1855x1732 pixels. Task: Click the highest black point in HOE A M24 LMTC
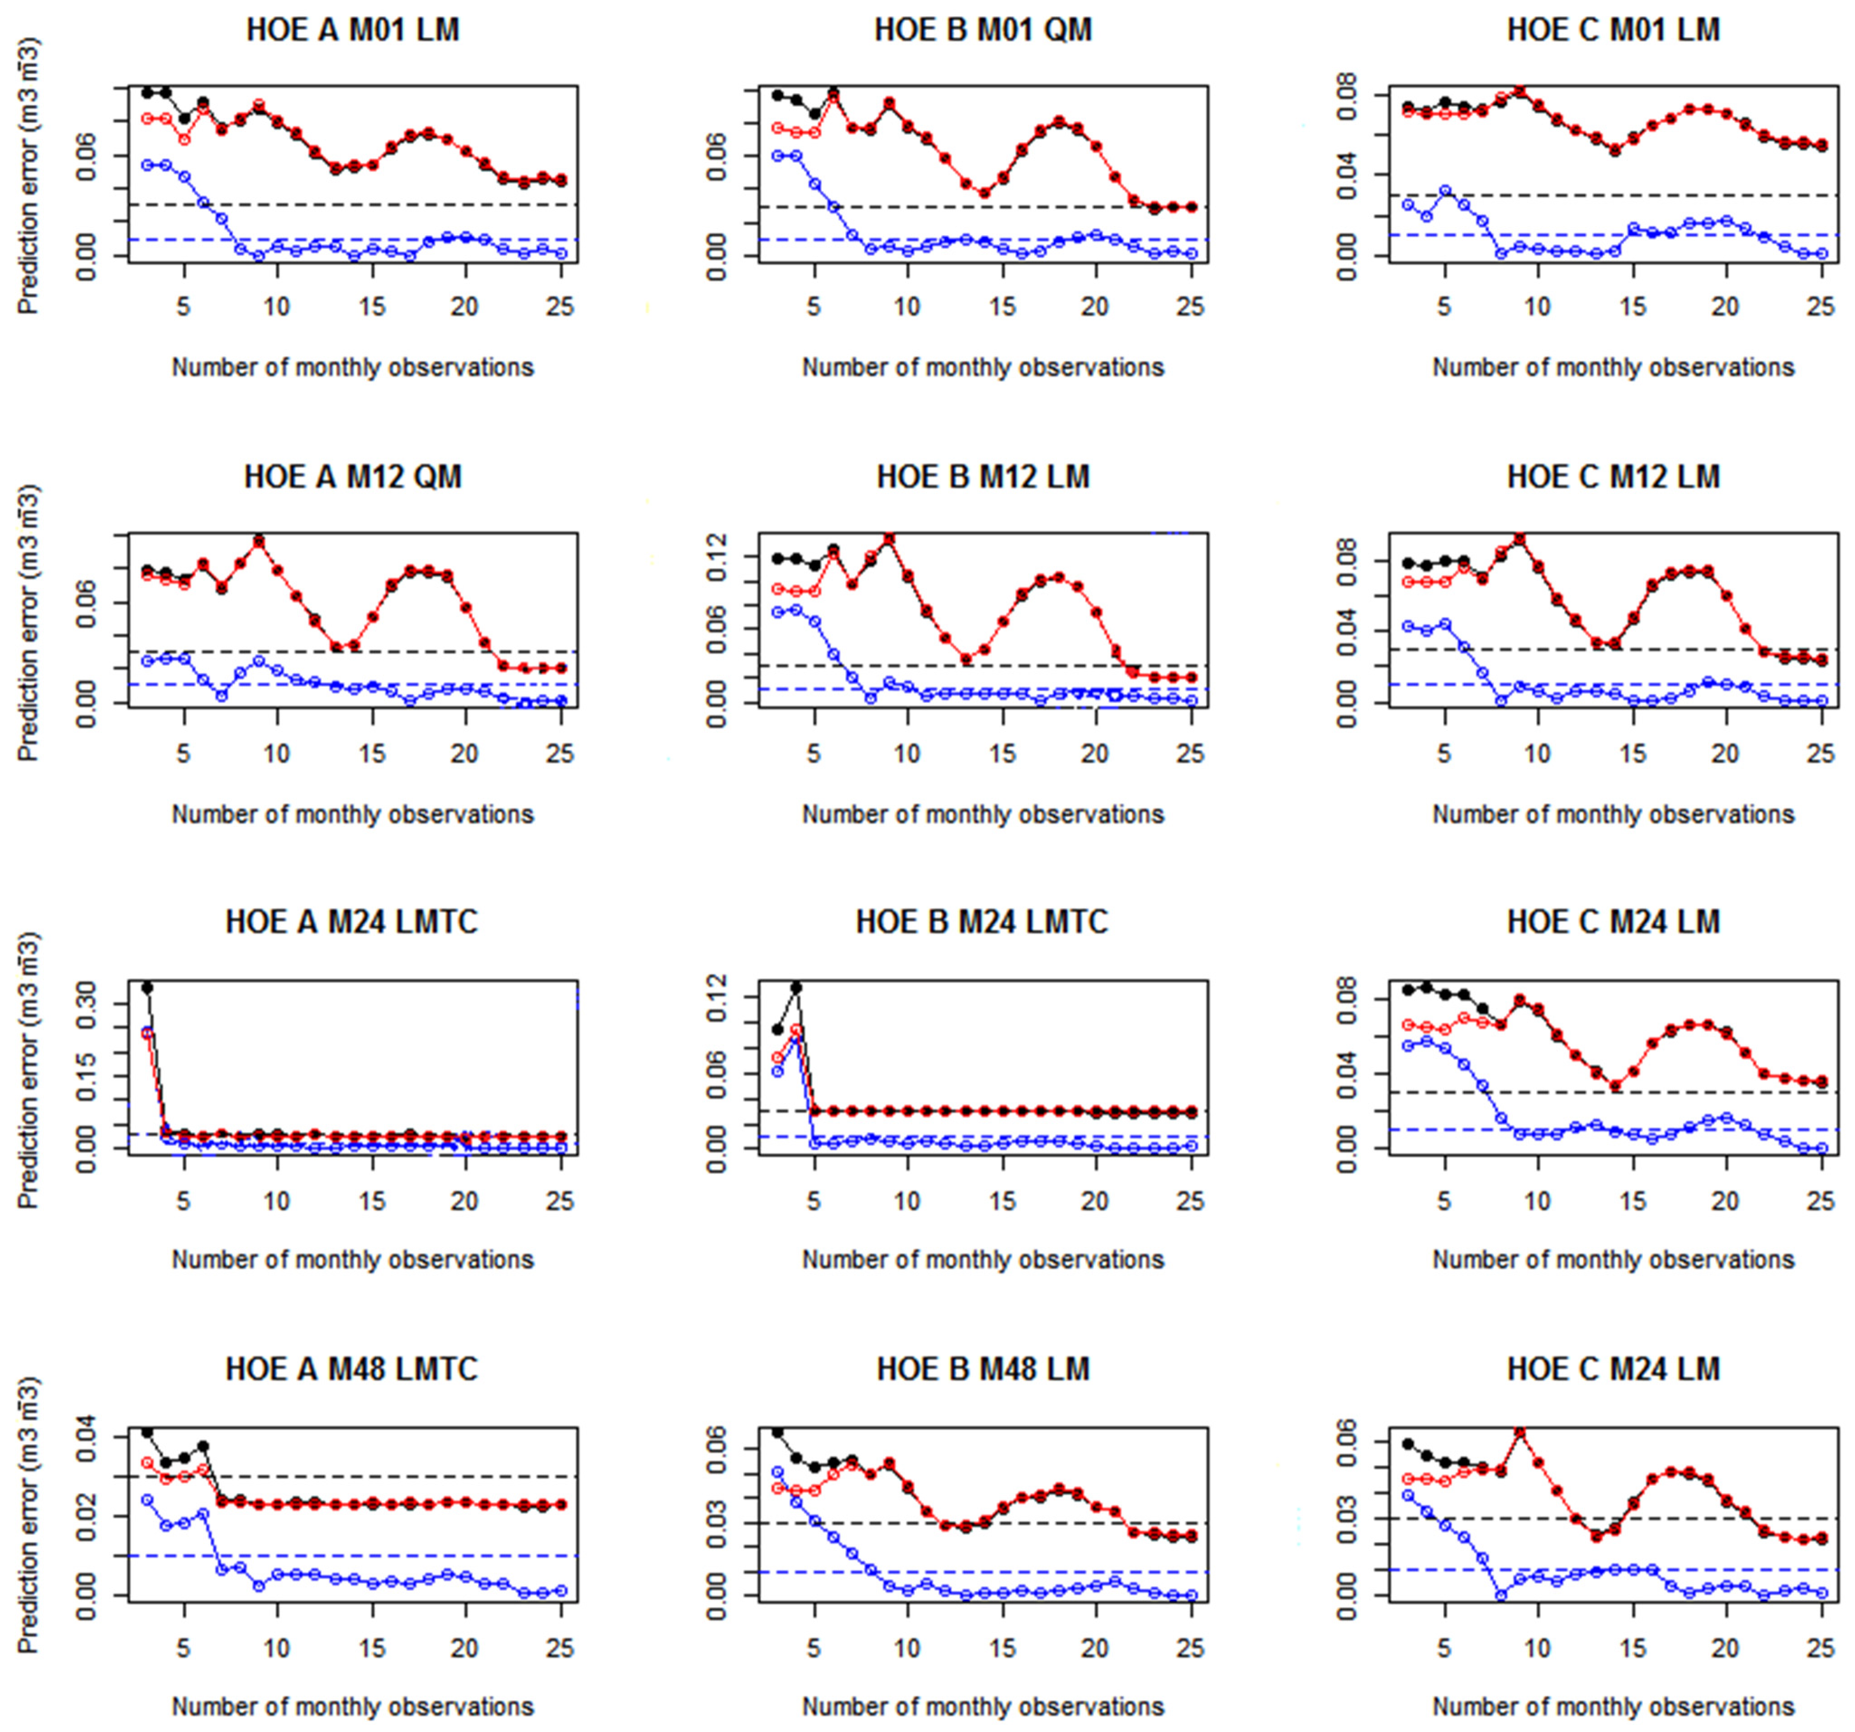(147, 987)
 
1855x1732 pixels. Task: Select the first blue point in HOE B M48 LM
(777, 1472)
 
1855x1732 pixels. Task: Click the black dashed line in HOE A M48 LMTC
(353, 1476)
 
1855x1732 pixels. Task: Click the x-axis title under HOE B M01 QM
(983, 368)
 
